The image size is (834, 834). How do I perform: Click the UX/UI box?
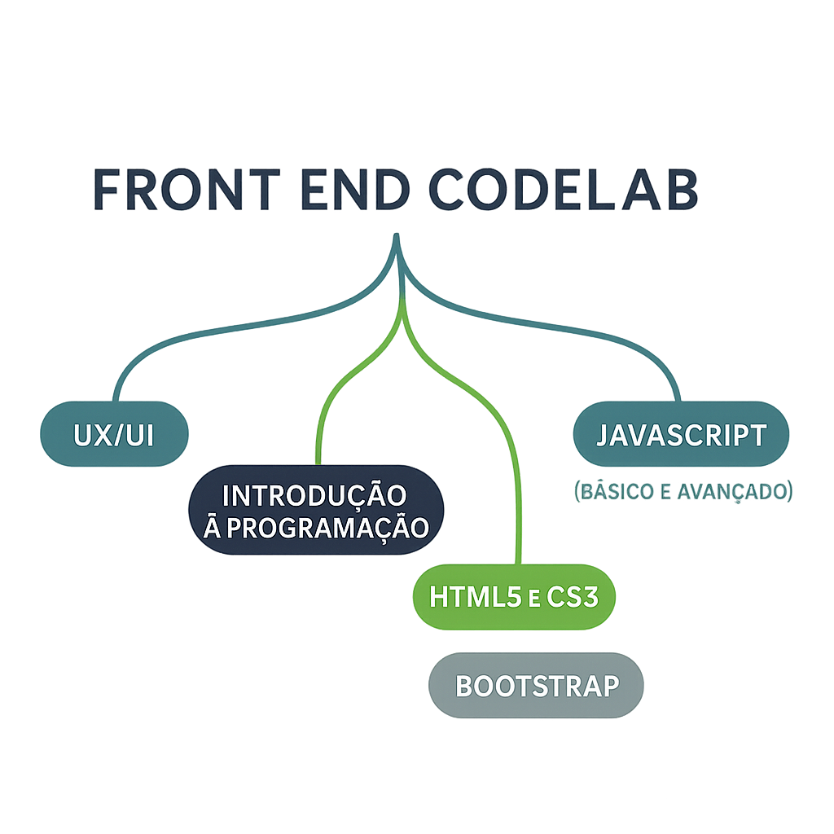114,434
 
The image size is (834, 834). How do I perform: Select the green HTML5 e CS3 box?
514,597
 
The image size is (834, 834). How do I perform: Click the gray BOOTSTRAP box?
536,685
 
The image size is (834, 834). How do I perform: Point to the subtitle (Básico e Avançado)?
683,492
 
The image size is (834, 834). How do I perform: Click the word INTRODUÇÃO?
314,494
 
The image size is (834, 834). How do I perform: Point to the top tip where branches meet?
397,238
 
